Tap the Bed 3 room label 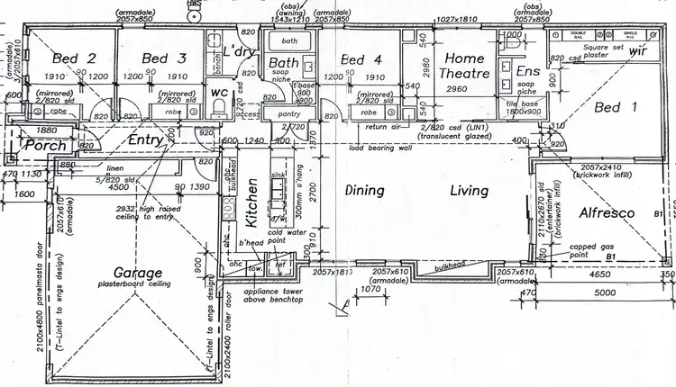click(164, 59)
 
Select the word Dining click(365, 191)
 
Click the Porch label click(41, 146)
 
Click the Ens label click(527, 71)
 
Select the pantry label click(289, 116)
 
